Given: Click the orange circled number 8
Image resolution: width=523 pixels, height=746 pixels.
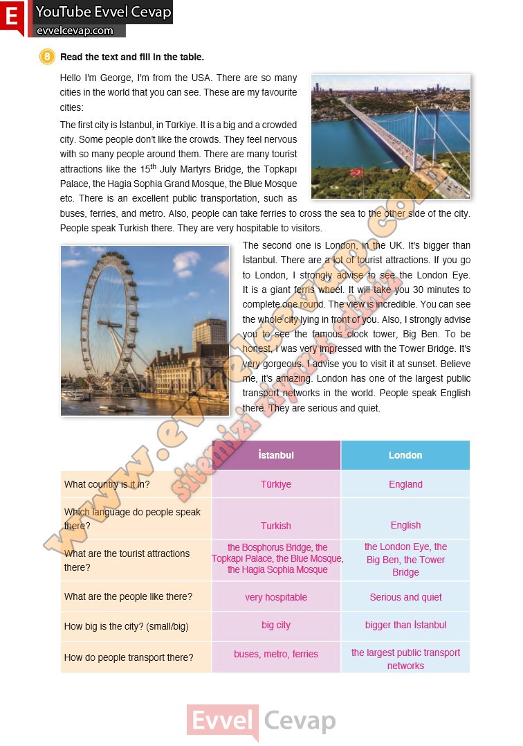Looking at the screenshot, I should tap(47, 57).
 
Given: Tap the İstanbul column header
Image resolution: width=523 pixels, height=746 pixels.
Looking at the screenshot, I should tap(276, 455).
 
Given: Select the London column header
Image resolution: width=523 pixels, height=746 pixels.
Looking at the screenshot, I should tap(405, 455).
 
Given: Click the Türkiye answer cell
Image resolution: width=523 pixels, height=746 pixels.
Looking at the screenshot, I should tap(276, 484).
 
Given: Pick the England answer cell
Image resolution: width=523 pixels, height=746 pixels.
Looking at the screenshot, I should tap(405, 484).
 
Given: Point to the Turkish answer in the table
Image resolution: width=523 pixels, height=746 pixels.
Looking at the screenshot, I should tap(276, 526).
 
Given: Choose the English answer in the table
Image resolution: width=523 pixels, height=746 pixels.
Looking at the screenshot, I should tap(405, 525).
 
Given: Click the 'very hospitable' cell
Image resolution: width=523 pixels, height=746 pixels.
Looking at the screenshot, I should tap(276, 597).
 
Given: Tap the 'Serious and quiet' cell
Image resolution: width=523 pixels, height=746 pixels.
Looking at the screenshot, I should tap(405, 597).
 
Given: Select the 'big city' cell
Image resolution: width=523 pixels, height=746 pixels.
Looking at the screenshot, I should tap(276, 625).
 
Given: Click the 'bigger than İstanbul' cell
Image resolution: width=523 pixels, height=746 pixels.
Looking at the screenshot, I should tap(405, 625).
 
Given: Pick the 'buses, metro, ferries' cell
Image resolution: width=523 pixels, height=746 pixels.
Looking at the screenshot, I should tap(276, 654).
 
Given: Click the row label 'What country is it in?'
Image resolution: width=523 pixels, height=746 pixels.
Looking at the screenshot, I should tap(107, 484).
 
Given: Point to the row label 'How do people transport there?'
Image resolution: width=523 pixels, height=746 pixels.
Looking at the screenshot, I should tap(129, 657).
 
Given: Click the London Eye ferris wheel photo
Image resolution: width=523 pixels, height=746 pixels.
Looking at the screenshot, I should tap(145, 330).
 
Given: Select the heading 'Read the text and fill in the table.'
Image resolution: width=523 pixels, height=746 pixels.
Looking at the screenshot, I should tap(132, 57).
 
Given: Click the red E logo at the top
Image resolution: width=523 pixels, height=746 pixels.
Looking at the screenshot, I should tap(12, 17).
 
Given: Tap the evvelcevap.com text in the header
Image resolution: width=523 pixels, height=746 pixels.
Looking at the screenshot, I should tap(75, 30).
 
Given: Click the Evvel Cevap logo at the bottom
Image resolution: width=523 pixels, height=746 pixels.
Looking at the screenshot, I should tap(261, 722).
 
